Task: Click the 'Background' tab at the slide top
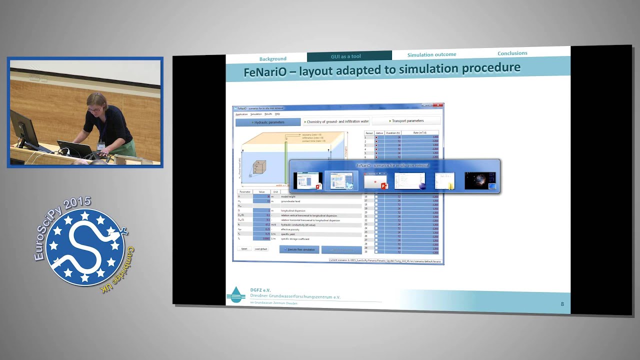[272, 58]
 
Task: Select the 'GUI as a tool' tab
[345, 56]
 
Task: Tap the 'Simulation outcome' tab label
[431, 54]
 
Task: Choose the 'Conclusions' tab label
[512, 53]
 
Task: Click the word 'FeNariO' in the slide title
[265, 71]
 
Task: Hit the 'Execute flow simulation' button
[299, 249]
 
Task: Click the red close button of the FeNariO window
[439, 105]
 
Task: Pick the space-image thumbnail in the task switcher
[480, 180]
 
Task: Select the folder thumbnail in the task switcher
[444, 180]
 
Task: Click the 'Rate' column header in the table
[419, 132]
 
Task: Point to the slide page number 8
[562, 304]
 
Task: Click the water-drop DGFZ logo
[235, 294]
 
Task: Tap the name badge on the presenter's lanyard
[101, 146]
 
